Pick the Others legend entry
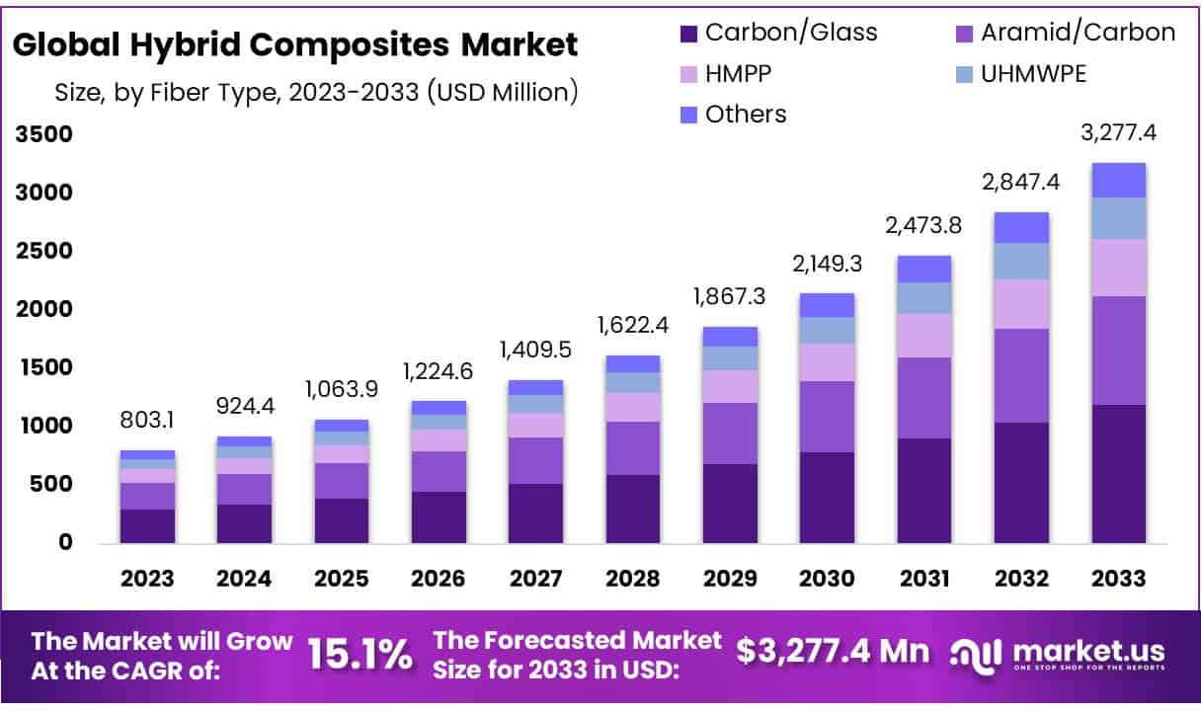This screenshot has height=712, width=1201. pyautogui.click(x=746, y=115)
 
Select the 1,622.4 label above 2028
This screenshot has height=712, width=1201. pyautogui.click(x=632, y=326)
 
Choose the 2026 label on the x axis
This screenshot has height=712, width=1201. pyautogui.click(x=438, y=579)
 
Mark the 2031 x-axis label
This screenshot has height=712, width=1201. pyautogui.click(x=923, y=579)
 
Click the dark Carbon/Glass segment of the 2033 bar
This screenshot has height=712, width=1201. pyautogui.click(x=1118, y=474)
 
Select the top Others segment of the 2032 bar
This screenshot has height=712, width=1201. pyautogui.click(x=1021, y=227)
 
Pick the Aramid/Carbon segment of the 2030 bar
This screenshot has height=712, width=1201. pyautogui.click(x=827, y=416)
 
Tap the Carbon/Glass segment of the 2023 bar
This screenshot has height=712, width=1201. pyautogui.click(x=147, y=525)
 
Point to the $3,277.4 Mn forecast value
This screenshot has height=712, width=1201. pyautogui.click(x=833, y=651)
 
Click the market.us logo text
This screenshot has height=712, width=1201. pyautogui.click(x=1084, y=651)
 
